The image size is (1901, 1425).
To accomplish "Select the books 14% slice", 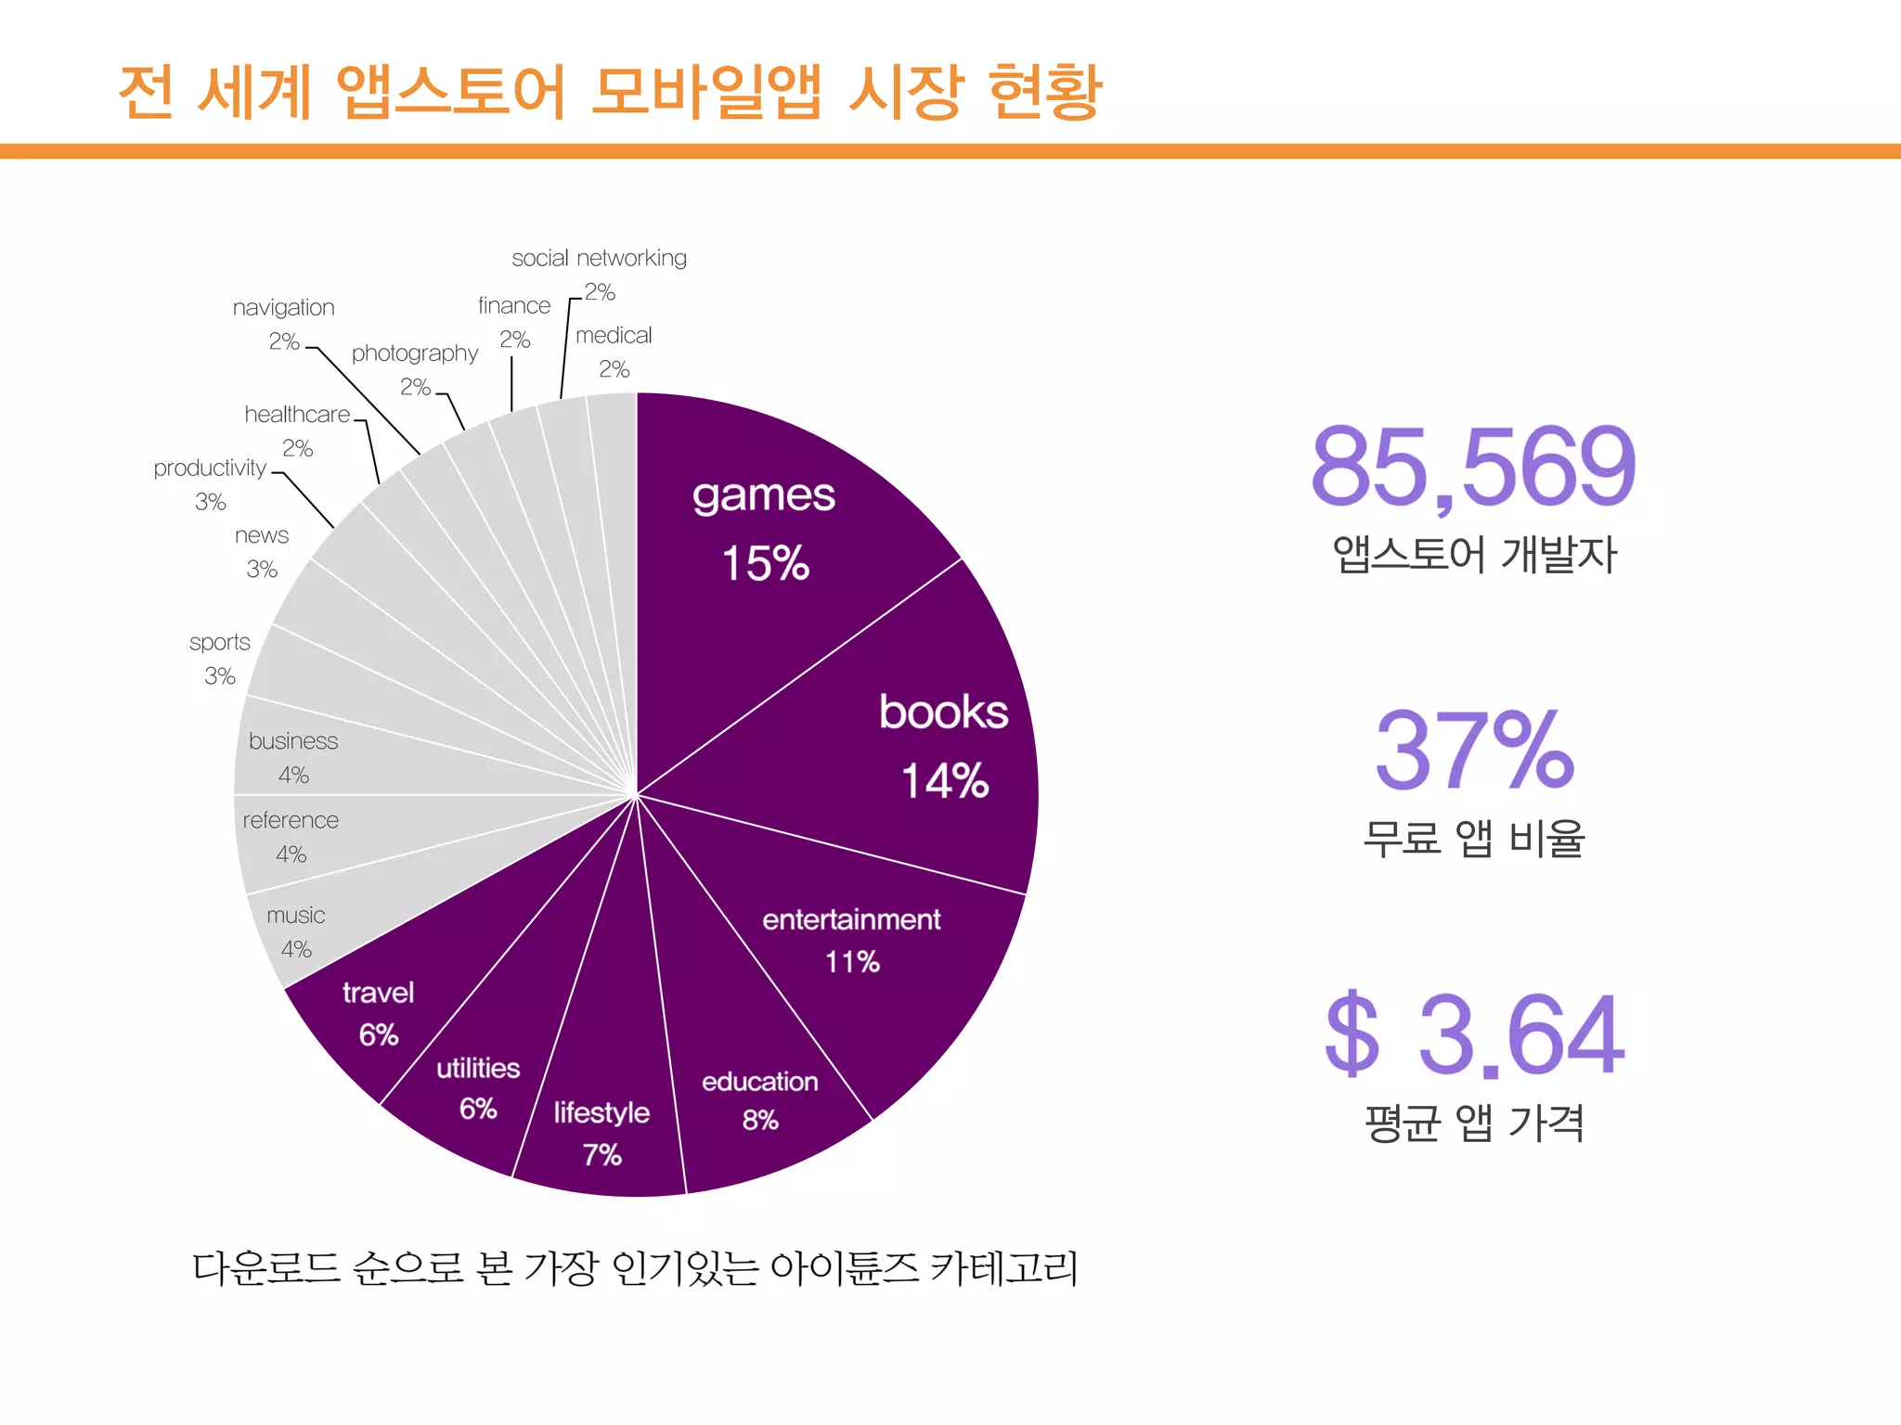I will (x=928, y=742).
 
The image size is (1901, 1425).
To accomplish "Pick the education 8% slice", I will (x=759, y=1099).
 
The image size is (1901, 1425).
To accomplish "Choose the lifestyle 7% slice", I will (x=601, y=1132).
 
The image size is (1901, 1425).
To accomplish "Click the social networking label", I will (x=599, y=258).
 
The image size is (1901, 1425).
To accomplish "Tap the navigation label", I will (x=283, y=308).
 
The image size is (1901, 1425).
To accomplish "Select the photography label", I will (x=414, y=353).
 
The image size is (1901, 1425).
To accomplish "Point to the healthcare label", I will (x=297, y=415).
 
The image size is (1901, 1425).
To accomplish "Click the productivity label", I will (x=210, y=469).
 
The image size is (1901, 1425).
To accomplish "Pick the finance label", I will (x=514, y=306).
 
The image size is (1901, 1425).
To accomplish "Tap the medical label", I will (x=614, y=336).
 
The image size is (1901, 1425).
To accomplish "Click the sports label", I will (x=220, y=642).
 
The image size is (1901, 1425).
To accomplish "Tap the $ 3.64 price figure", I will (x=1474, y=1034).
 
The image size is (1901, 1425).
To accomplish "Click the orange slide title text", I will (x=610, y=92).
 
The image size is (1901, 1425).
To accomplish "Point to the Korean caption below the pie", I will (x=635, y=1268).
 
